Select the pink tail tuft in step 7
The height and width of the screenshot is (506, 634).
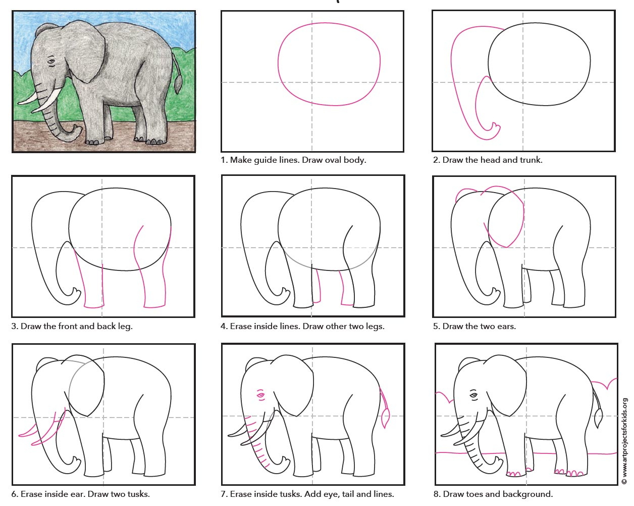click(386, 418)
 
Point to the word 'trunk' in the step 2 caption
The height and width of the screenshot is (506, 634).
click(530, 160)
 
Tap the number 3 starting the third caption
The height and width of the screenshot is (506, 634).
click(14, 327)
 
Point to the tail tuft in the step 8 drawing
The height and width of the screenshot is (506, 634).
click(599, 418)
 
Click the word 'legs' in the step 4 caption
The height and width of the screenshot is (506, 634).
click(374, 327)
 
